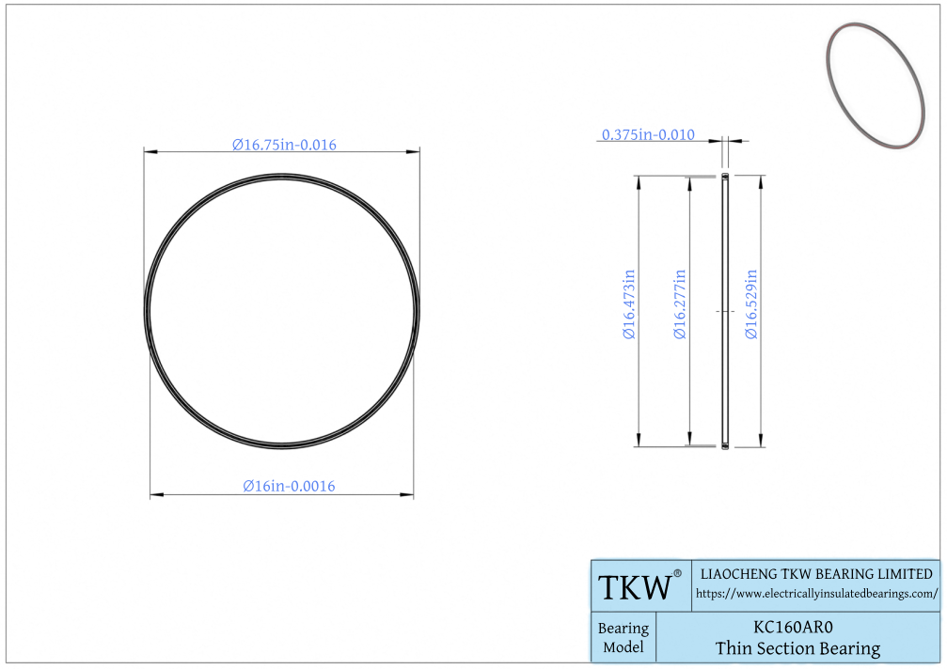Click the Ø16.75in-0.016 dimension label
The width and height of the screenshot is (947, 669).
click(x=284, y=145)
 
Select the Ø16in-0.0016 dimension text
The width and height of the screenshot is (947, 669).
click(x=289, y=486)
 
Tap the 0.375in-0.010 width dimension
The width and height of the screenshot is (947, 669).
click(x=648, y=134)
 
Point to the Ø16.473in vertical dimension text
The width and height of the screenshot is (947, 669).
click(x=629, y=304)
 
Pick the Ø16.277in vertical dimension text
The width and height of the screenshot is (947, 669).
click(x=680, y=304)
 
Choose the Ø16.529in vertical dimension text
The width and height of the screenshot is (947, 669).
click(x=751, y=304)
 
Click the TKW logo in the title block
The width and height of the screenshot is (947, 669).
click(x=635, y=587)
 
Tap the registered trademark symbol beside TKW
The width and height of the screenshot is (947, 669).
click(x=677, y=574)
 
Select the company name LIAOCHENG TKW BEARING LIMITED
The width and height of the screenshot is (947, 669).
click(x=816, y=574)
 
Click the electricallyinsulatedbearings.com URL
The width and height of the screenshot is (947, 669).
click(x=816, y=594)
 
